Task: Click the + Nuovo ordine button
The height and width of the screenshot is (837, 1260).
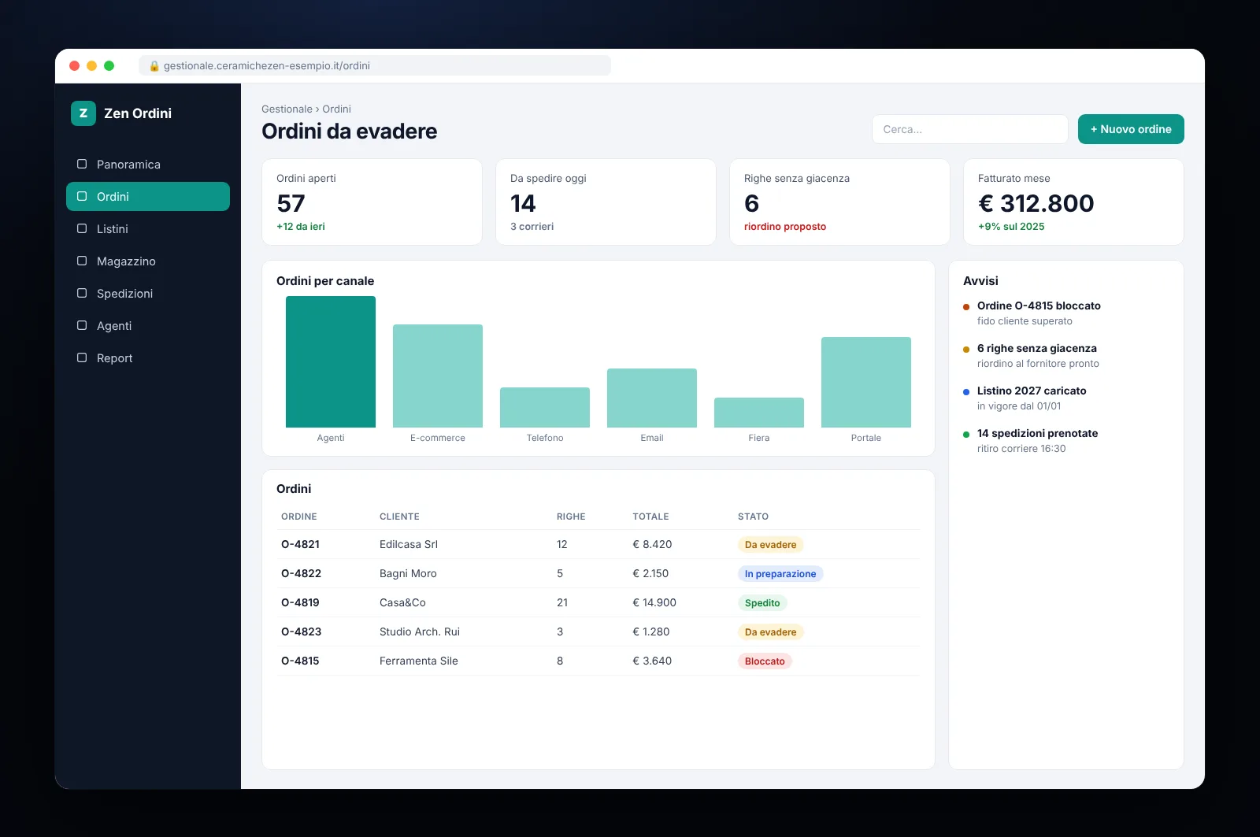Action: [x=1131, y=129]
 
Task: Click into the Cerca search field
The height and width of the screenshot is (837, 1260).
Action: [x=969, y=129]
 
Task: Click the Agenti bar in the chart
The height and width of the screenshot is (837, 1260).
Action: [x=330, y=361]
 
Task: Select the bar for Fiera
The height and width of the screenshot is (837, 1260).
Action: [x=759, y=413]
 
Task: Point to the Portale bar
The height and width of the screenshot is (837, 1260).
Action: [x=865, y=382]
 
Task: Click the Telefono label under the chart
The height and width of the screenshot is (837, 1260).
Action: [x=544, y=438]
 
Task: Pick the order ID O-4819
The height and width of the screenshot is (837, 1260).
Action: [x=300, y=602]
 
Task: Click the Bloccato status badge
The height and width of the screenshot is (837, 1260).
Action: [x=765, y=661]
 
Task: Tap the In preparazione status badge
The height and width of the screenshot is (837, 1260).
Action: [x=780, y=574]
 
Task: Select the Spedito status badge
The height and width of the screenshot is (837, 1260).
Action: [x=762, y=603]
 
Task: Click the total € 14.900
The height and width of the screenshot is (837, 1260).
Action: [x=654, y=602]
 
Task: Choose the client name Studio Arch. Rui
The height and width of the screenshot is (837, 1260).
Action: [x=420, y=631]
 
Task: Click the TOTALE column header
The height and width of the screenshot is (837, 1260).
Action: [x=650, y=517]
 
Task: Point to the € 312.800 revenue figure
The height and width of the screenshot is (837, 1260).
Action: [x=1036, y=203]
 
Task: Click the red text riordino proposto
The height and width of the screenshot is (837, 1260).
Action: [x=785, y=226]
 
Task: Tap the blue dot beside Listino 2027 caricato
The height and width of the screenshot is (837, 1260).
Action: [x=966, y=391]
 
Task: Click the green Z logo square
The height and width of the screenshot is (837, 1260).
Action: [x=83, y=113]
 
